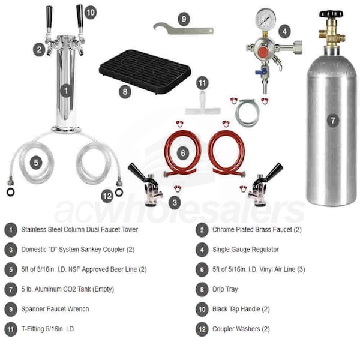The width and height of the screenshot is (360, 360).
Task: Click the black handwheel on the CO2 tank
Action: (x=331, y=14)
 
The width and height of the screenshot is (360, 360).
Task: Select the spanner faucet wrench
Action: (x=183, y=29)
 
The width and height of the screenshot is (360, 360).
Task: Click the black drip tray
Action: (x=145, y=71)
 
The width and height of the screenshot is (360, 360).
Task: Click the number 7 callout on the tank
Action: (x=332, y=121)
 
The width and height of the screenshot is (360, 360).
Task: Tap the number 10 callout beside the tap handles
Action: (x=91, y=13)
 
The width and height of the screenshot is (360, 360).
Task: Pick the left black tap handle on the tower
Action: (x=49, y=19)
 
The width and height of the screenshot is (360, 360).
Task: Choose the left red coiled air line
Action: (x=182, y=152)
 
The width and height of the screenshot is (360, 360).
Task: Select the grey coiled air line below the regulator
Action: (x=248, y=113)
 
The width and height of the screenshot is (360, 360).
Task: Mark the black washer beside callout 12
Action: (x=119, y=192)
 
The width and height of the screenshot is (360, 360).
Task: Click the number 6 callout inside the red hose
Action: (x=183, y=153)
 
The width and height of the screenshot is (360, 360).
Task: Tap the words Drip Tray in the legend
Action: (x=225, y=289)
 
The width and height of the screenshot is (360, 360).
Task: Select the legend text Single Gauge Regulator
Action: (x=245, y=250)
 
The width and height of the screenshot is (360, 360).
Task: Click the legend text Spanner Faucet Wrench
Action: (x=55, y=309)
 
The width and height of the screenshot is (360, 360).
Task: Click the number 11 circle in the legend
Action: (x=11, y=329)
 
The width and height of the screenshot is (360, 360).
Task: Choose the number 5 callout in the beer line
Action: (x=36, y=163)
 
